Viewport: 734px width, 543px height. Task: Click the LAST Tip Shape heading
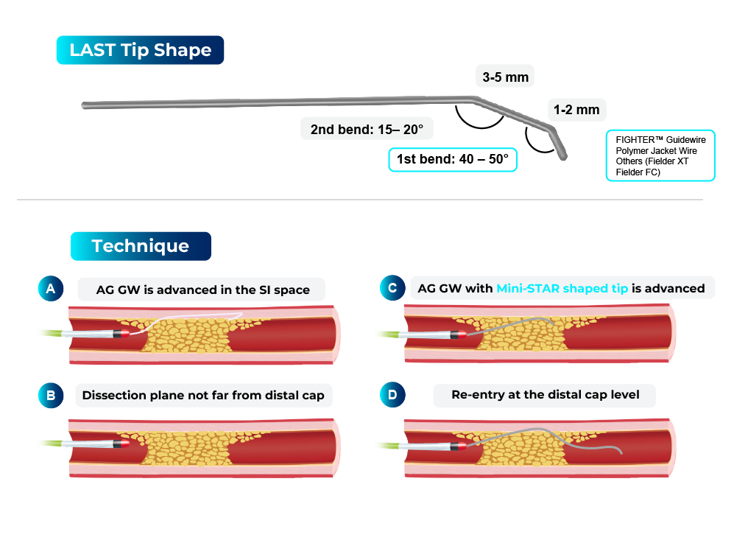pyautogui.click(x=140, y=50)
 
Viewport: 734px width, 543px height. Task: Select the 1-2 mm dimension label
pyautogui.click(x=576, y=111)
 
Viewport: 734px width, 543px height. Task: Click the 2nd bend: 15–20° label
pyautogui.click(x=367, y=129)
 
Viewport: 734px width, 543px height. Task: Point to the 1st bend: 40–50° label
pyautogui.click(x=453, y=159)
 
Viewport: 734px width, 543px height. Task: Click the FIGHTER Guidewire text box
pyautogui.click(x=660, y=156)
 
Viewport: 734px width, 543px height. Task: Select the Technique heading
pyautogui.click(x=140, y=246)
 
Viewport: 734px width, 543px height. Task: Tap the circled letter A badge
pyautogui.click(x=51, y=289)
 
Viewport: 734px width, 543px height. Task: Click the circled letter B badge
pyautogui.click(x=51, y=396)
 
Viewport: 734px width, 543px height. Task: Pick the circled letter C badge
pyautogui.click(x=392, y=289)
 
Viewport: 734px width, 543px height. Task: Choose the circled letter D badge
pyautogui.click(x=392, y=396)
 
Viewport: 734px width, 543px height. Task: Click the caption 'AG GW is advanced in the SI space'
pyautogui.click(x=202, y=290)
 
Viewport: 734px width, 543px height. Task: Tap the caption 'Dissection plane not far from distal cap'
pyautogui.click(x=203, y=396)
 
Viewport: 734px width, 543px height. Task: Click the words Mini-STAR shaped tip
pyautogui.click(x=562, y=289)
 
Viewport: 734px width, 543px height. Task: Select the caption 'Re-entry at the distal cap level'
pyautogui.click(x=545, y=396)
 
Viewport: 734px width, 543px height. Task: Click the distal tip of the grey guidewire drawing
pyautogui.click(x=563, y=155)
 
